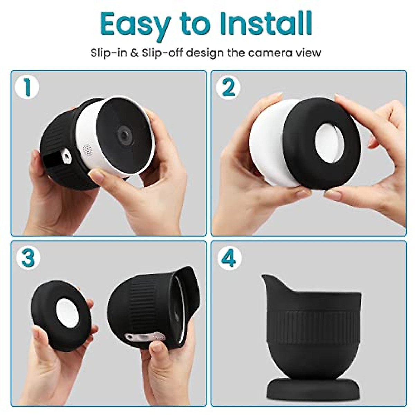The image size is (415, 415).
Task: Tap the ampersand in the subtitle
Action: pos(135,53)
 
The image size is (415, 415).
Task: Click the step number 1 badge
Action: pos(27,87)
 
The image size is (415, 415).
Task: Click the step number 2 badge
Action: pos(228,87)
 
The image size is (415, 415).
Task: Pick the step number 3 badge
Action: pos(28,258)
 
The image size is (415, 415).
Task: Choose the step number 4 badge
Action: pos(228,258)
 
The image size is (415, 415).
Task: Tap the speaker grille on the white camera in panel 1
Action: pos(87,149)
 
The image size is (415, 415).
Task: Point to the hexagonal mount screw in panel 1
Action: pos(65,157)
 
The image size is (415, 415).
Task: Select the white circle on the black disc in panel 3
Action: pos(68,313)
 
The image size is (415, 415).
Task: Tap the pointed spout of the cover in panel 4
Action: pos(266,279)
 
